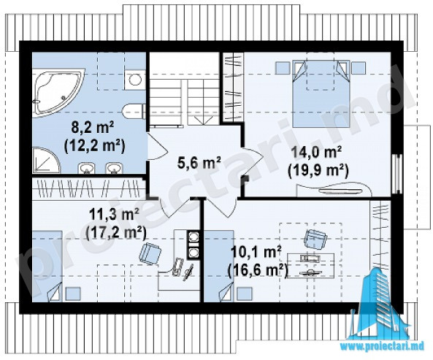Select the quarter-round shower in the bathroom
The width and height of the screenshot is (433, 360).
click(45, 161)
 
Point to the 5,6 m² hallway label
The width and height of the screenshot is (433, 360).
click(199, 162)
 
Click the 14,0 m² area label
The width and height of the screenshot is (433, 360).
click(318, 152)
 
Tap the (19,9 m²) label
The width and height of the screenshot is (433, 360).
click(318, 169)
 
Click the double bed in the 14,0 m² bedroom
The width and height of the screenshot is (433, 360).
click(321, 93)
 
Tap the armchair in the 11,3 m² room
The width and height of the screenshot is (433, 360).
click(150, 253)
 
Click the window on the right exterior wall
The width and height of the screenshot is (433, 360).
click(397, 173)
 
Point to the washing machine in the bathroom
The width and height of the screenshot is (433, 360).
click(135, 80)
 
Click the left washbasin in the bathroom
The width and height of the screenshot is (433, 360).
click(87, 168)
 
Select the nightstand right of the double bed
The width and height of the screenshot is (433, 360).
click(359, 68)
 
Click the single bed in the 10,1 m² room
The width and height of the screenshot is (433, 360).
click(219, 266)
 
